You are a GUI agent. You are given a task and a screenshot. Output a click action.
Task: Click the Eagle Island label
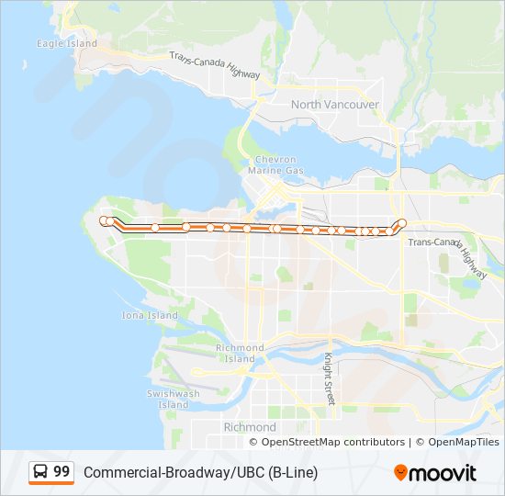tap(66, 43)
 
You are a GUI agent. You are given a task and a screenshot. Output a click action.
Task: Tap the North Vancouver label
tap(334, 105)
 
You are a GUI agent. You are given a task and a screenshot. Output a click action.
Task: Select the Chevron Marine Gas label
tap(275, 165)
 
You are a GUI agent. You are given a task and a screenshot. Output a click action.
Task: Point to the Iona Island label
tap(150, 315)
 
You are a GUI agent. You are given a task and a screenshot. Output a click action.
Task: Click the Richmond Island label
tap(240, 353)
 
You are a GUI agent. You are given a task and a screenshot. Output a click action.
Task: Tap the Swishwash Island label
tap(173, 399)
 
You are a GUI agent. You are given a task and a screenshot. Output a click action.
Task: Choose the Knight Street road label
tap(329, 379)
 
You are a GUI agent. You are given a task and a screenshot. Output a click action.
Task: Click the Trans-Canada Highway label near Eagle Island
tap(217, 64)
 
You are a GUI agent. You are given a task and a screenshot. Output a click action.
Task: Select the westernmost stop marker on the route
tap(104, 220)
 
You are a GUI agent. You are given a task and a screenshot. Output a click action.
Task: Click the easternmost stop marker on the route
tap(402, 222)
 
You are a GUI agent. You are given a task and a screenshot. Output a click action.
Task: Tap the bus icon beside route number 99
tap(41, 472)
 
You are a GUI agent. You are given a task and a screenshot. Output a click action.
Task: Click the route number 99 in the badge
tap(62, 472)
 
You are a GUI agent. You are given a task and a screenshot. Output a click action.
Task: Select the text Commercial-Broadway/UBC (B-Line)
tap(200, 473)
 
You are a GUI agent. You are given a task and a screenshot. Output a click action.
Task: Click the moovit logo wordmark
tap(443, 473)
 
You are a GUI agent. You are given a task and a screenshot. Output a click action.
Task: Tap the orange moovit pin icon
tap(400, 472)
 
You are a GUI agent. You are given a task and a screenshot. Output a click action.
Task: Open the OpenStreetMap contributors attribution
tap(332, 442)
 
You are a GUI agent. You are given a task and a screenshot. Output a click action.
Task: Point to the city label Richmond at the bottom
tap(250, 427)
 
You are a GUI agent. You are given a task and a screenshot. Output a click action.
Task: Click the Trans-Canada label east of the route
tap(433, 242)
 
